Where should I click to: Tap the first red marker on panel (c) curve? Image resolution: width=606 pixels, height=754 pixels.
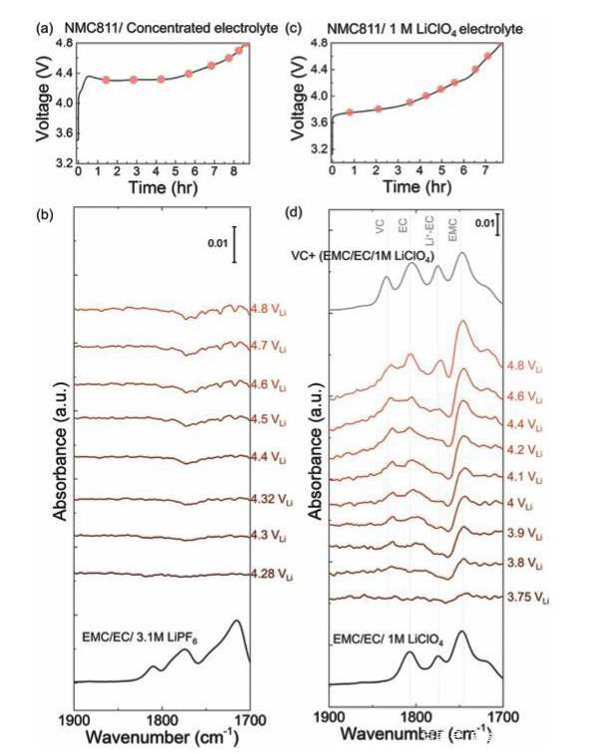point(349,113)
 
